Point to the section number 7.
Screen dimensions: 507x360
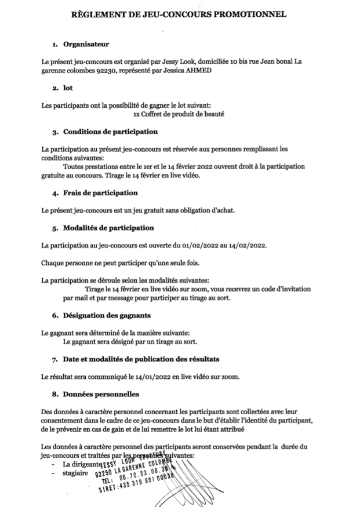(x=54, y=359)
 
